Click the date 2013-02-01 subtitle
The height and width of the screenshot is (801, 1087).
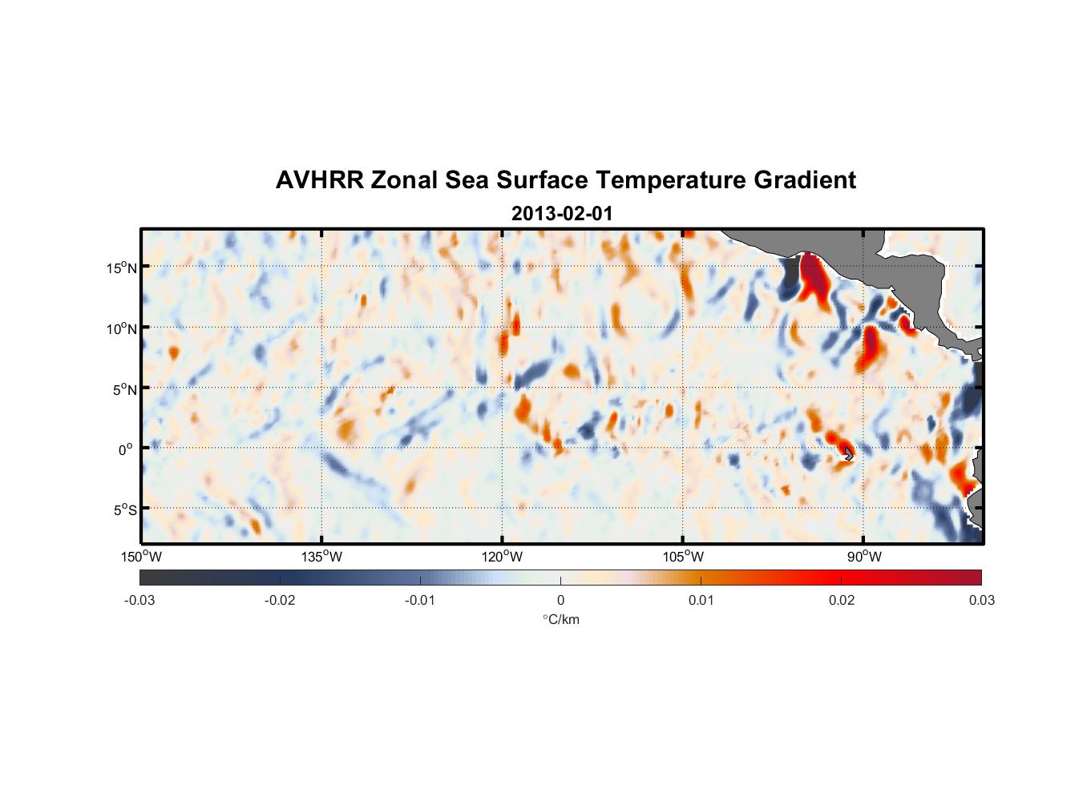pyautogui.click(x=562, y=214)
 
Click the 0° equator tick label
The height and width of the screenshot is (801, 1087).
pyautogui.click(x=126, y=449)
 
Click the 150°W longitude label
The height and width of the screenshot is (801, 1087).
pyautogui.click(x=142, y=557)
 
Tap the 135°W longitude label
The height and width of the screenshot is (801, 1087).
pyautogui.click(x=322, y=557)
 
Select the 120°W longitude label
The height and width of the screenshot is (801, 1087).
pyautogui.click(x=503, y=557)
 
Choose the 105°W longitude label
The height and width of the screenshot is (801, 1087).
pyautogui.click(x=683, y=557)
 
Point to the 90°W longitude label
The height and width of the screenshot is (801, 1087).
pyautogui.click(x=864, y=557)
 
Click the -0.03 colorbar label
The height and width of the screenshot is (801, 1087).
pyautogui.click(x=139, y=600)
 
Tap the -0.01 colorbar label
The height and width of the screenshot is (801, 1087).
pyautogui.click(x=420, y=600)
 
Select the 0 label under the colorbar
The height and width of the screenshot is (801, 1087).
pyautogui.click(x=560, y=600)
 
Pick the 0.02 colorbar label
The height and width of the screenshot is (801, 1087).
pyautogui.click(x=842, y=600)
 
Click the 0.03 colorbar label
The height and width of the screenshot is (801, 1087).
pyautogui.click(x=981, y=600)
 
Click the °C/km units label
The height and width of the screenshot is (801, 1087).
pyautogui.click(x=561, y=619)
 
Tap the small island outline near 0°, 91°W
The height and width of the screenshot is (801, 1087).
pyautogui.click(x=849, y=454)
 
